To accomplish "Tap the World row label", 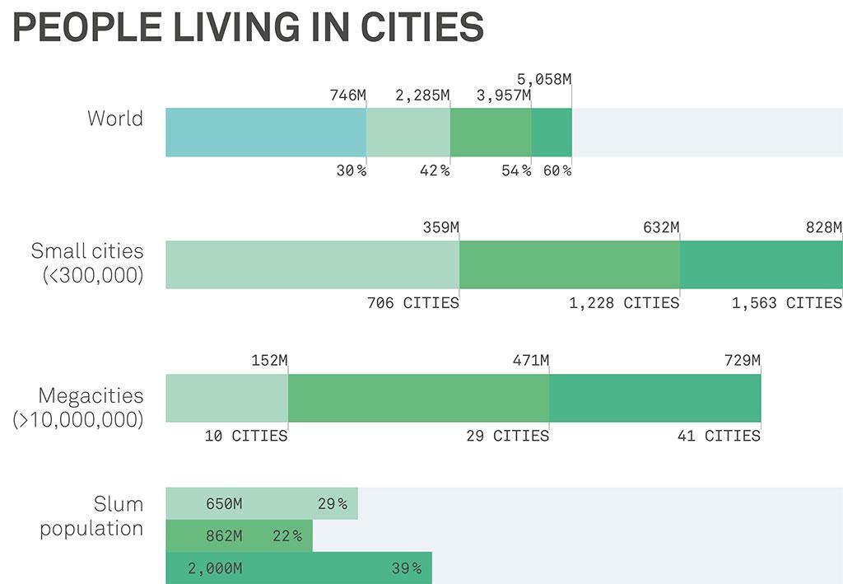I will pyautogui.click(x=115, y=118).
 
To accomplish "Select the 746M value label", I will pyautogui.click(x=347, y=96).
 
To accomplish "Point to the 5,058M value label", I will pyautogui.click(x=543, y=80).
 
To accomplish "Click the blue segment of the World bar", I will pyautogui.click(x=265, y=132).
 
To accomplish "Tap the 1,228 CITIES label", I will pyautogui.click(x=624, y=303).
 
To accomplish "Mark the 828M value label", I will pyautogui.click(x=824, y=228).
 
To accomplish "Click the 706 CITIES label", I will pyautogui.click(x=412, y=303).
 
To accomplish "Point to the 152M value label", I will pyautogui.click(x=269, y=361).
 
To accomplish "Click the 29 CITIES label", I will pyautogui.click(x=507, y=436).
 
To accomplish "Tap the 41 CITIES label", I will pyautogui.click(x=719, y=436).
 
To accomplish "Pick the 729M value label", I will pyautogui.click(x=742, y=361).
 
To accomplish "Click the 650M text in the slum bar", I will pyautogui.click(x=224, y=504).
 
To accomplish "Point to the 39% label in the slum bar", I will pyautogui.click(x=406, y=569).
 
